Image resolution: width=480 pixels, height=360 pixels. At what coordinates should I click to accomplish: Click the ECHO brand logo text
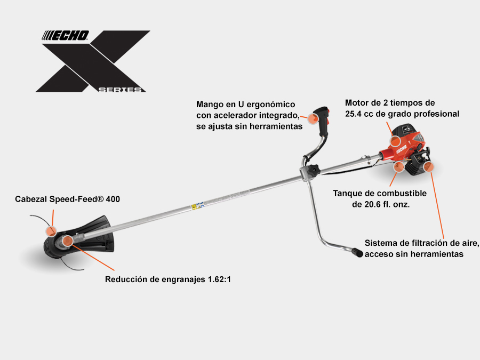pos(66,36)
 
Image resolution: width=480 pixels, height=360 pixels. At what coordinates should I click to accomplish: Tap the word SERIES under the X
pos(122,90)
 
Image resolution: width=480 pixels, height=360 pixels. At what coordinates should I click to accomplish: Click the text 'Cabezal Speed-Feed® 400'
pos(67,199)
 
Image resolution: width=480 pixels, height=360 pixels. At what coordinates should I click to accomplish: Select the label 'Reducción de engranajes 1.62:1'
pos(167,279)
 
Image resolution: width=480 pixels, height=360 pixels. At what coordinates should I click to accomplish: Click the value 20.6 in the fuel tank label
pos(363,204)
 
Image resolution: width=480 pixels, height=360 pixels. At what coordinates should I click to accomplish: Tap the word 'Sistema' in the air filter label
pos(381,243)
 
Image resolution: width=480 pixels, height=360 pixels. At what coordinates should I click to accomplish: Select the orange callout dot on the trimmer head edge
pos(51,231)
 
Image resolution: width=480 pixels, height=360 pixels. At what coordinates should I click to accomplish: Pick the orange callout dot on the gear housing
pos(68,241)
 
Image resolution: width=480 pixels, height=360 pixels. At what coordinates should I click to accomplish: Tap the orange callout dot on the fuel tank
pos(398,167)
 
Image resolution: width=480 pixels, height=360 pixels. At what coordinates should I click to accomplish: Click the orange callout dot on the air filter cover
pos(429,167)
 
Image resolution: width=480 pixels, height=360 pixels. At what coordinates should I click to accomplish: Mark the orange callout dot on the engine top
pos(395,141)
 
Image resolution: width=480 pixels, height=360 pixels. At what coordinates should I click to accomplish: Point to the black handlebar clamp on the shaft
pos(310,170)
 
